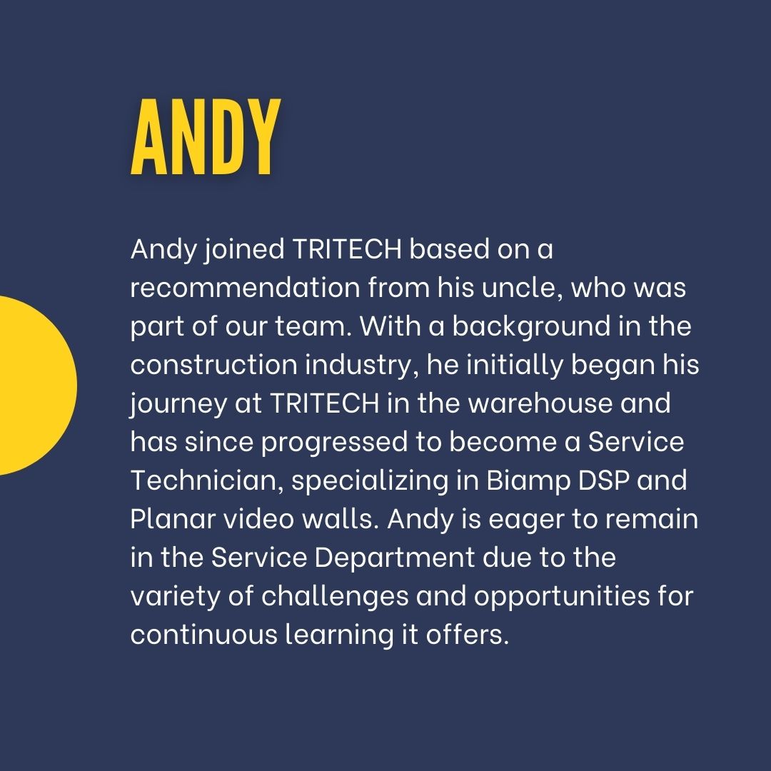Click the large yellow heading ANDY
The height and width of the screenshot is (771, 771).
205,138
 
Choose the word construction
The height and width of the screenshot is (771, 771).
214,365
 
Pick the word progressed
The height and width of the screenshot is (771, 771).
333,442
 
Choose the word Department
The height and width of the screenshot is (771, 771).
393,558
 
